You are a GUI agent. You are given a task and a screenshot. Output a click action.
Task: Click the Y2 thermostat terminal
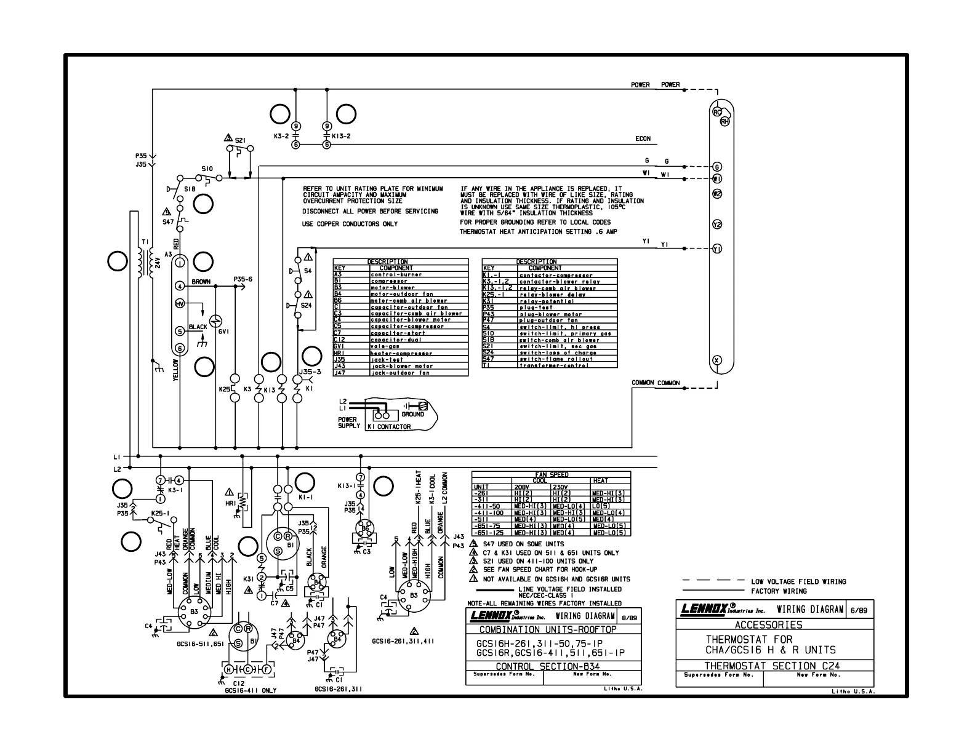coord(717,225)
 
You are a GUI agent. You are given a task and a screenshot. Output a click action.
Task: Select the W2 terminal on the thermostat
coord(717,194)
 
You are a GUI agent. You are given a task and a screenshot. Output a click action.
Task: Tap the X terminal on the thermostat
coord(716,360)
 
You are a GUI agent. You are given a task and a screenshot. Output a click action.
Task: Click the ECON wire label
coord(643,139)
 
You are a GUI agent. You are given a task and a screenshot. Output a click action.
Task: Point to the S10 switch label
coord(207,169)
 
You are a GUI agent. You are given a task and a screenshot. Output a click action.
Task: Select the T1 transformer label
coord(145,242)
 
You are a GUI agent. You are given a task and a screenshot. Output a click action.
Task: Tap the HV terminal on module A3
coord(180,304)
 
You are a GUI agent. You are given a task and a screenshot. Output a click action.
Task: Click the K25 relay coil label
coord(224,389)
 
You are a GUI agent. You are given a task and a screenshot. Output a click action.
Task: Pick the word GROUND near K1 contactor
coord(412,414)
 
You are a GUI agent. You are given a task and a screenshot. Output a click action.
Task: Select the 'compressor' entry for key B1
coord(389,281)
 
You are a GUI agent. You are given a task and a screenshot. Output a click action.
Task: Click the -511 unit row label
coord(481,519)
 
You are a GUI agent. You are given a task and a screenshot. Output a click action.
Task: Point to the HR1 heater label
coord(231,503)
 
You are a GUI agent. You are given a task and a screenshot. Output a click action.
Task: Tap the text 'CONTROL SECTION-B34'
coord(547,666)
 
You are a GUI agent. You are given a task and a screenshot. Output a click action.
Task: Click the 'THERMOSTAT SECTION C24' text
coord(772,665)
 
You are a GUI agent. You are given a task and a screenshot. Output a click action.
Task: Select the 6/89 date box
coord(859,610)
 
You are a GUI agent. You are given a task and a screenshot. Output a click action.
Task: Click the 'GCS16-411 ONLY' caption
coord(251,690)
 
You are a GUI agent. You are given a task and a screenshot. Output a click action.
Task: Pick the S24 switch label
coord(306,305)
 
